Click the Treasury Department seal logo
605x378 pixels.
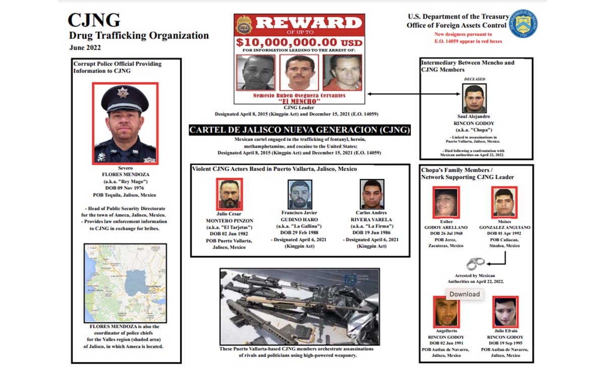523,24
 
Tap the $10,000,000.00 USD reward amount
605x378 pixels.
299,42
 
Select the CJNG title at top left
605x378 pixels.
94,20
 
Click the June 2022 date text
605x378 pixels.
85,48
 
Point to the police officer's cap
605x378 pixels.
125,97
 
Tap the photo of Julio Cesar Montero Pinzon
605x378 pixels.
229,194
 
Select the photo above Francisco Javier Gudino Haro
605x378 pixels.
300,195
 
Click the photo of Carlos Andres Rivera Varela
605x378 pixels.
372,194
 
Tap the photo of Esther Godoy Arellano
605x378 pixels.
446,203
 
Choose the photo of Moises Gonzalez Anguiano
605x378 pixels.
504,203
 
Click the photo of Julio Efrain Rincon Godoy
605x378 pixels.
505,311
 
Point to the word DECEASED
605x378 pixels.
474,79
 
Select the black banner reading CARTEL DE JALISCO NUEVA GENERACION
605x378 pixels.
299,130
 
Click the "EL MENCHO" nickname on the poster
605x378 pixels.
299,101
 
